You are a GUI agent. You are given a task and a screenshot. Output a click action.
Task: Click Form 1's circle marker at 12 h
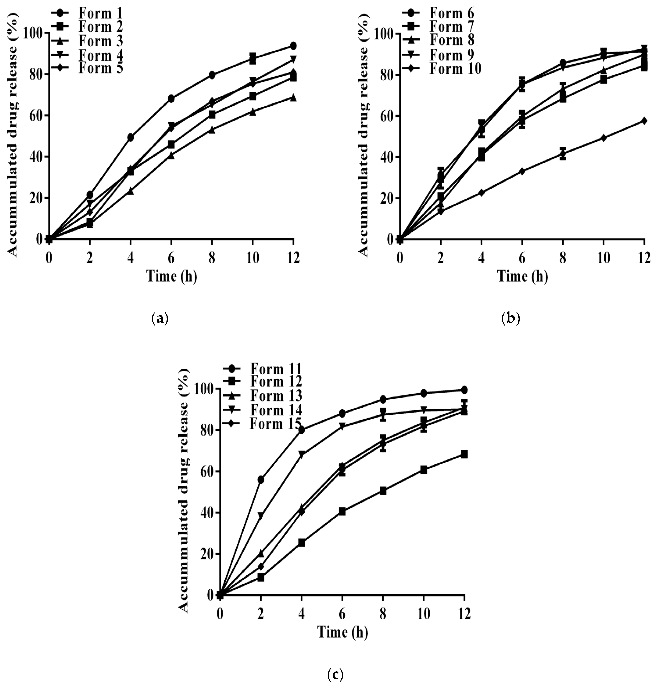click(x=293, y=46)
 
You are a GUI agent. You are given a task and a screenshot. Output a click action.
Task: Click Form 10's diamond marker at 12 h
click(x=644, y=121)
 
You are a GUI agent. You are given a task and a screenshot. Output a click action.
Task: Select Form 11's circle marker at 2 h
click(x=261, y=479)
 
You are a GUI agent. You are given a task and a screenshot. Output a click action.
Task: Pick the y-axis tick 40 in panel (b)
click(x=384, y=157)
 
